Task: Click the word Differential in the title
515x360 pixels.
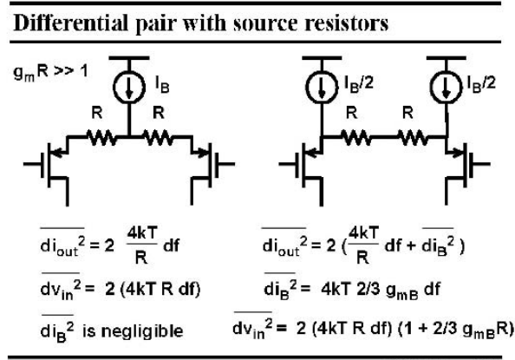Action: click(70, 23)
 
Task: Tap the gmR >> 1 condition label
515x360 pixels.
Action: click(50, 72)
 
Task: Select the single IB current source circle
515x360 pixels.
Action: click(129, 87)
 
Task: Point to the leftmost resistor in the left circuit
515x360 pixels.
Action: click(101, 138)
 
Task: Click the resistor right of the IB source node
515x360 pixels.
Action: click(157, 138)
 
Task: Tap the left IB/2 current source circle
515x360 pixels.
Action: click(322, 87)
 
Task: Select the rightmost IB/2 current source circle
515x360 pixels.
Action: click(446, 87)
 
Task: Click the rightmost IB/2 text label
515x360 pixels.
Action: click(481, 84)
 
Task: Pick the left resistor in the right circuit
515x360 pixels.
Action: click(356, 138)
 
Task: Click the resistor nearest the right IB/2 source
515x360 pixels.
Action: click(414, 138)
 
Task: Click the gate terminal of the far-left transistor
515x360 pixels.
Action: click(33, 164)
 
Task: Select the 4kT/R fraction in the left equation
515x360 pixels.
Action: click(142, 245)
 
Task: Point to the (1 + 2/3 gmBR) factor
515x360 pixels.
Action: click(456, 329)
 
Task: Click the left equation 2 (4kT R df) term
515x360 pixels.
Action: click(153, 289)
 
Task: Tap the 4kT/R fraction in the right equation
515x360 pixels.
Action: click(363, 245)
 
